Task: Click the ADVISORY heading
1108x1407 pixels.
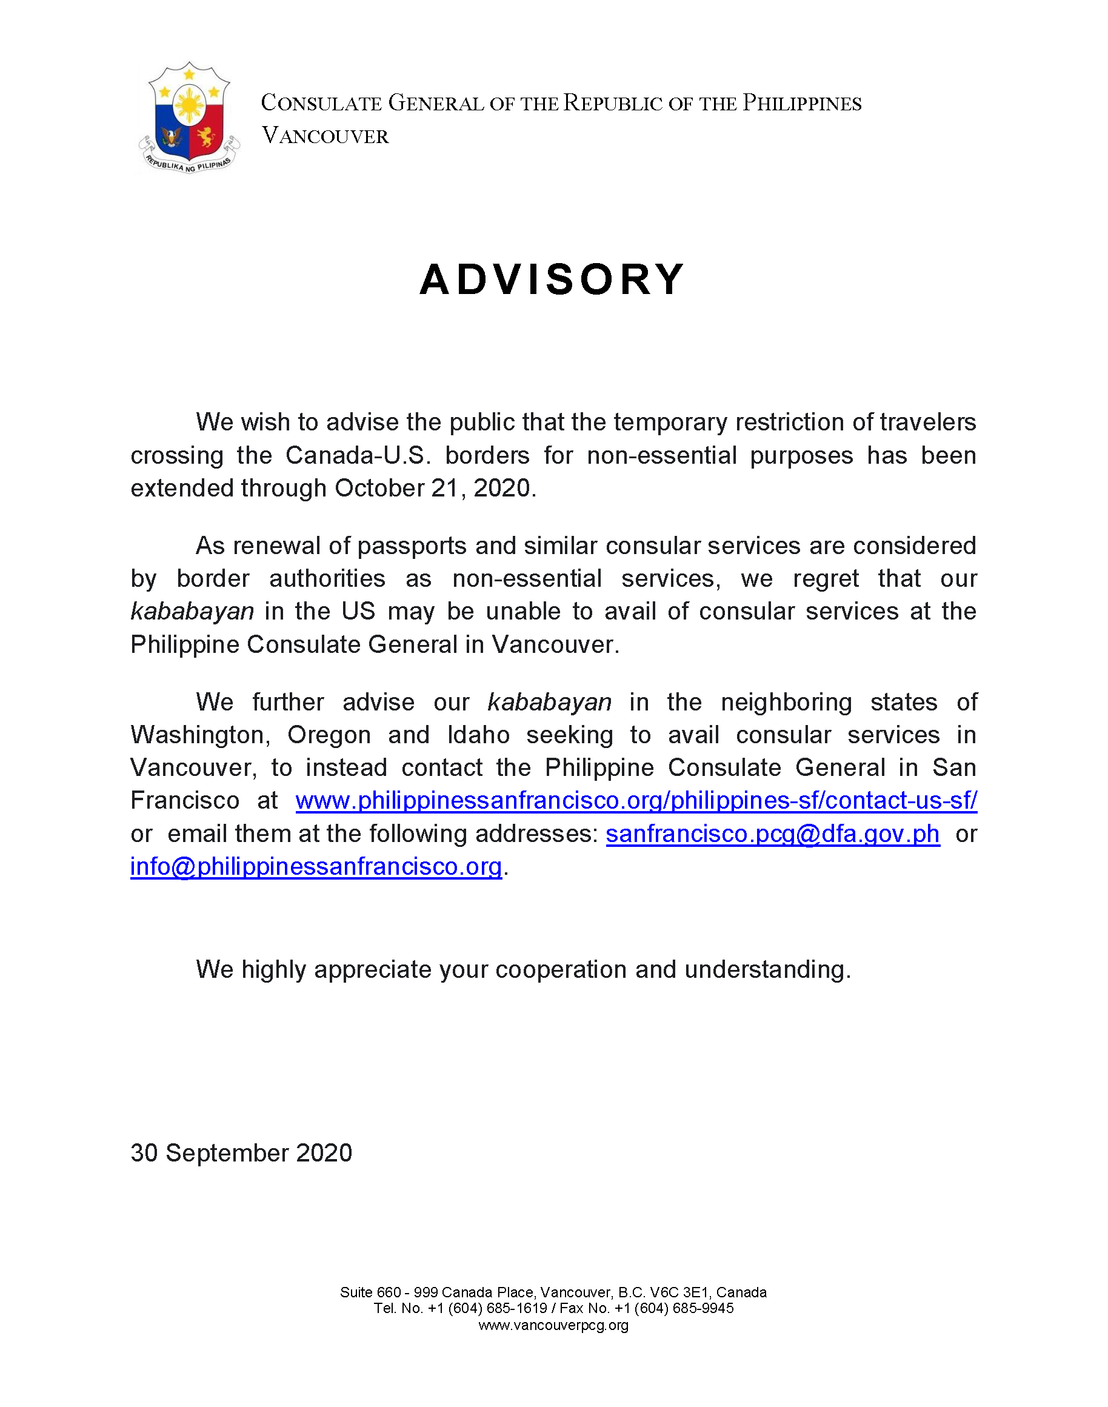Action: click(x=552, y=279)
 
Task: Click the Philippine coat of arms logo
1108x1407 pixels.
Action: click(x=189, y=118)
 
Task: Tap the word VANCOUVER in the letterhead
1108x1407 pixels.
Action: click(x=325, y=136)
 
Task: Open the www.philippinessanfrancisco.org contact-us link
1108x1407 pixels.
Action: click(x=636, y=800)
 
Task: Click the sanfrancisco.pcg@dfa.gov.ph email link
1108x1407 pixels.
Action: click(x=772, y=834)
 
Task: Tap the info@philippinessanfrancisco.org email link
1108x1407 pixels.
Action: click(x=316, y=867)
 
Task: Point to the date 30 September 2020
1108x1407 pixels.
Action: click(x=241, y=1153)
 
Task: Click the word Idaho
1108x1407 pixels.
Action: click(x=478, y=735)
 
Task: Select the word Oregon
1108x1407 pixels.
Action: click(x=329, y=735)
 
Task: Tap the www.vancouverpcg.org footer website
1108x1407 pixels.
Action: click(x=553, y=1325)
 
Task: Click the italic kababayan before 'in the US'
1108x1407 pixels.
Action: click(x=192, y=612)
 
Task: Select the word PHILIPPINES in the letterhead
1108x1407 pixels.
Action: click(x=802, y=104)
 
